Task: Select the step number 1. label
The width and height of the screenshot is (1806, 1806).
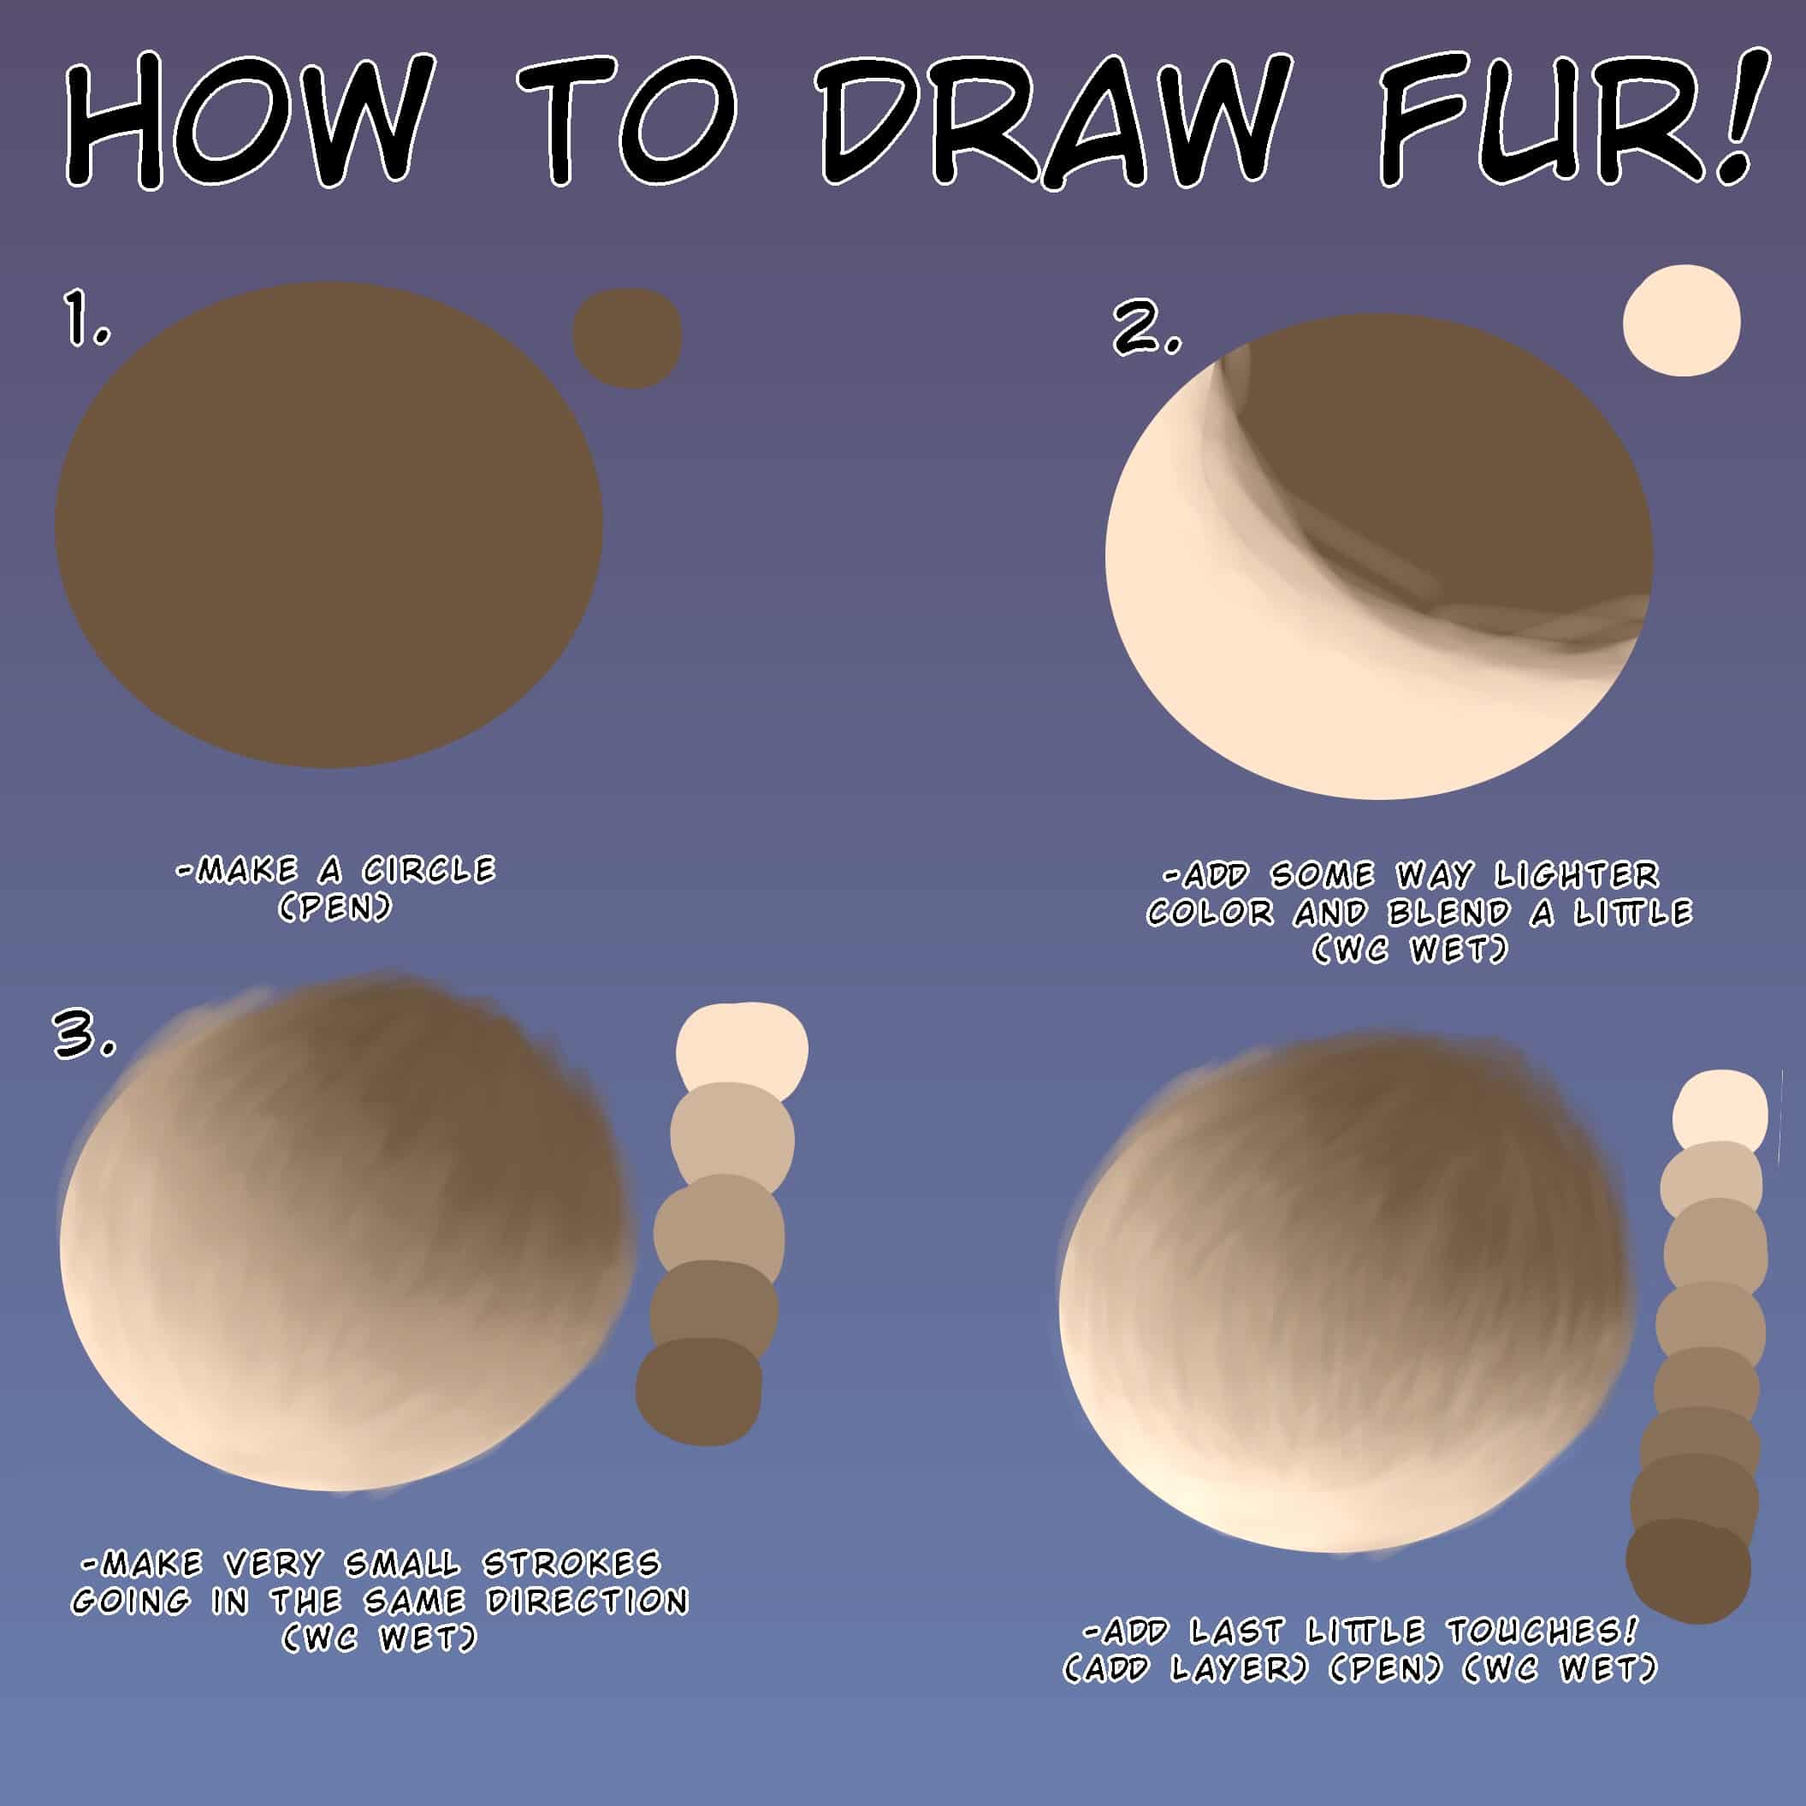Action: point(87,318)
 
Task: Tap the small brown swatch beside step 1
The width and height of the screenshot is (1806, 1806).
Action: point(627,337)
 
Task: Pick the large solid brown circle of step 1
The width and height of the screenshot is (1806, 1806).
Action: point(329,524)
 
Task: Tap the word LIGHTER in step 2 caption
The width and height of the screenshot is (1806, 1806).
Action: point(1577,876)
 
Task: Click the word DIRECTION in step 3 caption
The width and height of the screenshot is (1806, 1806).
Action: point(588,1602)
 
